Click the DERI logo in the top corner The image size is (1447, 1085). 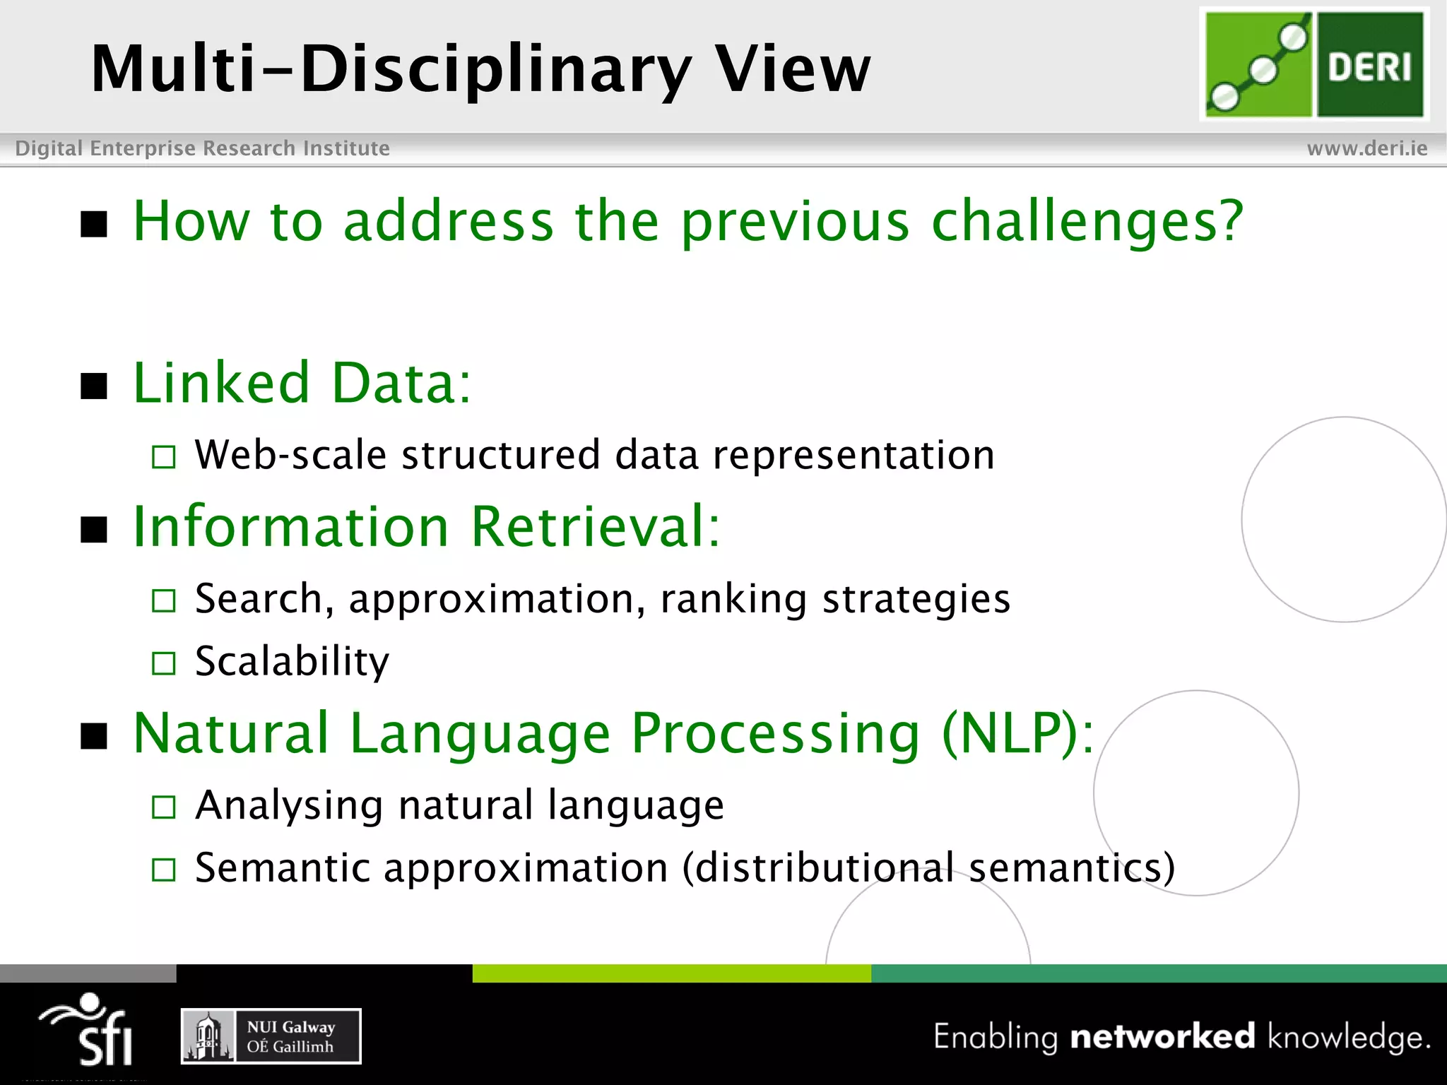[1314, 65]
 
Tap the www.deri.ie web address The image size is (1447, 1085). [1366, 148]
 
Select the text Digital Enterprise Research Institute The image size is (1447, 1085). [202, 148]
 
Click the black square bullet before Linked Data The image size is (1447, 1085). [94, 386]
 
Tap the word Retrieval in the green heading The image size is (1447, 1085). [595, 527]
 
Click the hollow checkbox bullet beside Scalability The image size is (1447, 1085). [164, 663]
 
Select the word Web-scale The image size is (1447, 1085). [290, 455]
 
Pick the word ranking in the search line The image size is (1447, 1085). [733, 600]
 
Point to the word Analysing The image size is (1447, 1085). [288, 805]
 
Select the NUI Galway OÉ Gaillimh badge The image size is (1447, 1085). [271, 1036]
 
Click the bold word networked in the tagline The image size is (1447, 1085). [1162, 1037]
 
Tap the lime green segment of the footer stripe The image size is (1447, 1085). [671, 973]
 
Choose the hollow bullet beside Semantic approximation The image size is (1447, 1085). [164, 870]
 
